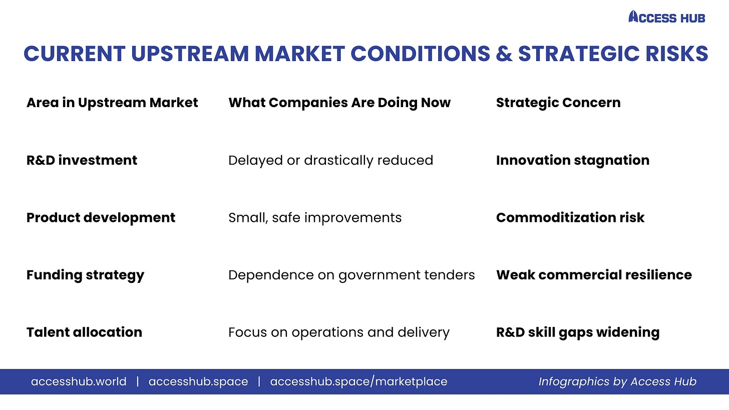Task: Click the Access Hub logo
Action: [667, 17]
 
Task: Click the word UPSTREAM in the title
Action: [190, 54]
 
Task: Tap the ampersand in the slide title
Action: [504, 54]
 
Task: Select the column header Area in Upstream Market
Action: [112, 103]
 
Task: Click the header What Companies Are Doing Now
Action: [339, 103]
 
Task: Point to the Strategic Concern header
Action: [558, 103]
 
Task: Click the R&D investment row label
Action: [82, 160]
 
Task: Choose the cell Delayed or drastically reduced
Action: [330, 160]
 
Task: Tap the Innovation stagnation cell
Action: [573, 160]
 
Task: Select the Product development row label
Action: [101, 218]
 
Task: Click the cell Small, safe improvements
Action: [315, 218]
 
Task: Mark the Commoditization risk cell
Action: [570, 218]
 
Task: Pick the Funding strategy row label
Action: [85, 275]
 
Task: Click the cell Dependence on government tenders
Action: [351, 275]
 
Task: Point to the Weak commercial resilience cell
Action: [594, 275]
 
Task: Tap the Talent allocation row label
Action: [84, 332]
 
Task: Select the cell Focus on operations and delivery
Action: [339, 332]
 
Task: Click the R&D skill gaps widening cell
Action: [578, 332]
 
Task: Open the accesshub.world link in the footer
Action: [79, 381]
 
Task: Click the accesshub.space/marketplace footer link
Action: [358, 381]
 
